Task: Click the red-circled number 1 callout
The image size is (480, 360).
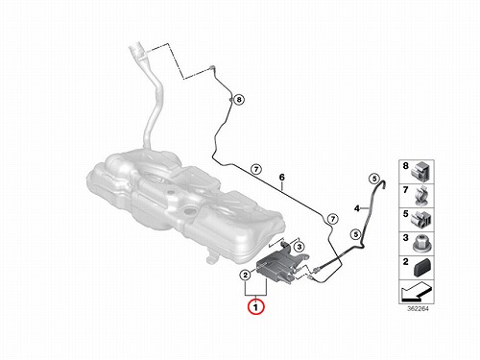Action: [x=255, y=307]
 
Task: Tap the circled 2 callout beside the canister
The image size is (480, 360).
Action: [x=246, y=275]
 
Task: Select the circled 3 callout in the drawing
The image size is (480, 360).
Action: [x=299, y=247]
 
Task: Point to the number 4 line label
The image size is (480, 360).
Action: [x=357, y=208]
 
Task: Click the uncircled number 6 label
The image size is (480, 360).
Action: [x=281, y=178]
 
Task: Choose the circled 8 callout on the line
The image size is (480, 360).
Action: [x=239, y=100]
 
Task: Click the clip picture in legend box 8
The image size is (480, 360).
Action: [x=421, y=172]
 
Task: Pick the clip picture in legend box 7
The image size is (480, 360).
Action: [x=422, y=196]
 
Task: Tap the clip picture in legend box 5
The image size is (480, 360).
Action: [x=422, y=220]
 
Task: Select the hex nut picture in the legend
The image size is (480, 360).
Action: [x=422, y=244]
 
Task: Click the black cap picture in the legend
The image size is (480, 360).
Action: [x=421, y=268]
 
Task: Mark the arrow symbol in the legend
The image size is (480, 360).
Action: [x=417, y=291]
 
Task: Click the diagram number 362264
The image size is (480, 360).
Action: [x=418, y=309]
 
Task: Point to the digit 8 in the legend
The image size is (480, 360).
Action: [x=405, y=166]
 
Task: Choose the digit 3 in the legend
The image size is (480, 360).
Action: [x=405, y=238]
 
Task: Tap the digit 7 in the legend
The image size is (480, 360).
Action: [x=405, y=190]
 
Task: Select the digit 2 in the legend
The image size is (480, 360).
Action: [x=405, y=262]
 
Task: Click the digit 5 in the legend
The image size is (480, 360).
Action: [x=405, y=214]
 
